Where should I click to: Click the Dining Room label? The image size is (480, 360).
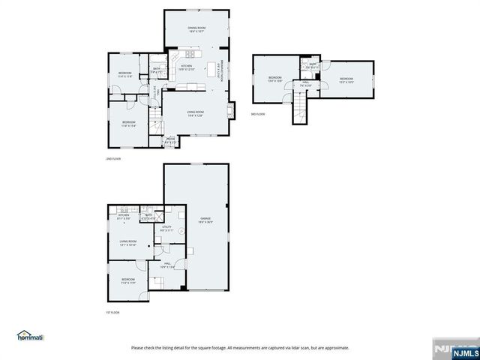[x=196, y=29]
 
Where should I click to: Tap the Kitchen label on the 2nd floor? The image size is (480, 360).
[x=187, y=67]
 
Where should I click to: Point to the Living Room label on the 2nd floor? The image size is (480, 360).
[x=195, y=113]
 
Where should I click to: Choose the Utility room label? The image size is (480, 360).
[x=166, y=228]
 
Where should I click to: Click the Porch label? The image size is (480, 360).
[x=171, y=139]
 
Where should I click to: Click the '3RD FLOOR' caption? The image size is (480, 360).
[x=257, y=114]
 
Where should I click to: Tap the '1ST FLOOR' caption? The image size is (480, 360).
[x=113, y=312]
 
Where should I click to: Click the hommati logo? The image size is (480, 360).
[x=31, y=334]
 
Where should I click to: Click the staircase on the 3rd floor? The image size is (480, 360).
[x=298, y=112]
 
